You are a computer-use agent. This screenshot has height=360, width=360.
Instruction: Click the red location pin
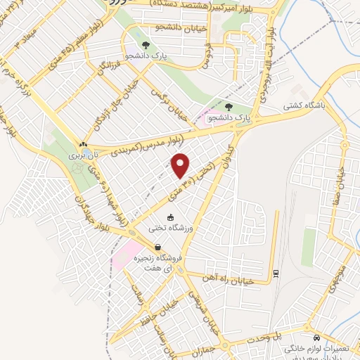pos(181,165)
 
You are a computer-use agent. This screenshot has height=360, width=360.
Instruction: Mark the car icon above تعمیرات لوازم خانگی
pos(317,337)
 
